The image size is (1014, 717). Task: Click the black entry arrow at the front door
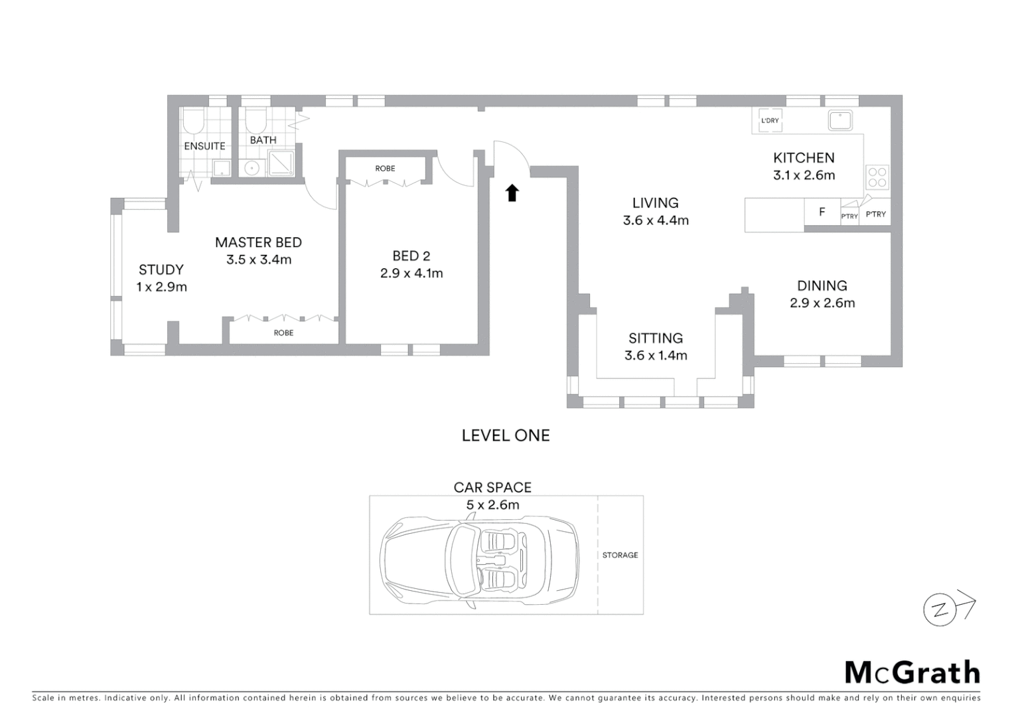pyautogui.click(x=512, y=193)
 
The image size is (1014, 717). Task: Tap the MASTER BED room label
pyautogui.click(x=258, y=243)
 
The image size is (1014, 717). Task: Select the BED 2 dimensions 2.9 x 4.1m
pyautogui.click(x=411, y=273)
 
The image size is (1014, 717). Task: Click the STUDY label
pyautogui.click(x=161, y=270)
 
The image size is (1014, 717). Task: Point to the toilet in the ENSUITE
pyautogui.click(x=194, y=121)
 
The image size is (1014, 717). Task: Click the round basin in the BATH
pyautogui.click(x=252, y=168)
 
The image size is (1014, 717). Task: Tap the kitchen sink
pyautogui.click(x=840, y=121)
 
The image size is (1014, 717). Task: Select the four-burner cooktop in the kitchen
pyautogui.click(x=877, y=177)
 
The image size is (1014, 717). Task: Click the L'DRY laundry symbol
pyautogui.click(x=770, y=121)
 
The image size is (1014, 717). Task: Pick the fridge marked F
pyautogui.click(x=822, y=212)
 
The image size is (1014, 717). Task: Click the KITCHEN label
pyautogui.click(x=804, y=158)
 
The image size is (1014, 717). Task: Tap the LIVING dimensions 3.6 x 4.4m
pyautogui.click(x=656, y=220)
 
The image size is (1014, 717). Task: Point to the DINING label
pyautogui.click(x=822, y=286)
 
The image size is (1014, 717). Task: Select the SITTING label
pyautogui.click(x=656, y=339)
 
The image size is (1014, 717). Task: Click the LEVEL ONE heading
pyautogui.click(x=506, y=436)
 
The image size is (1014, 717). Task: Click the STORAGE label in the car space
pyautogui.click(x=620, y=555)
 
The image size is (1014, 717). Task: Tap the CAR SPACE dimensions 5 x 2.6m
pyautogui.click(x=492, y=505)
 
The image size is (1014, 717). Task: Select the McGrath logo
pyautogui.click(x=912, y=673)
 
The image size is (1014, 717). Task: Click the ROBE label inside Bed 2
pyautogui.click(x=385, y=169)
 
